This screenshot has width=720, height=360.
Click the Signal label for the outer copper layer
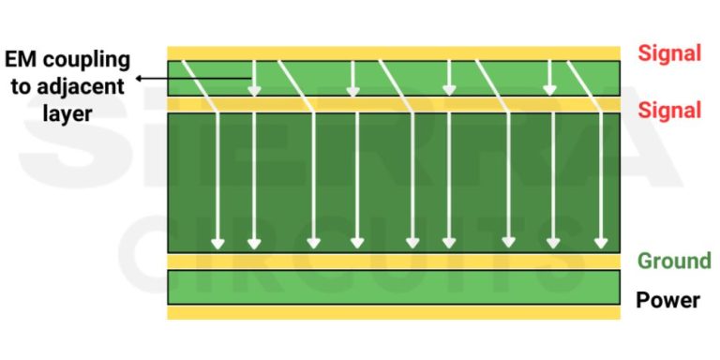coord(669,53)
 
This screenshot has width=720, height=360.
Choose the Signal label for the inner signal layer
coord(669,111)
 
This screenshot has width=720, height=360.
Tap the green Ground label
coord(674,261)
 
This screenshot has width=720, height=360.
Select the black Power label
coord(668,300)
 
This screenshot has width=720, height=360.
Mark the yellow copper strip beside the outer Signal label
coord(394,53)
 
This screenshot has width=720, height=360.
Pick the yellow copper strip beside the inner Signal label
coord(394,105)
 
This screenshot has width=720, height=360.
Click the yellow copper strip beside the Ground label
coord(394,261)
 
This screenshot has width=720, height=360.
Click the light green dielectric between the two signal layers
coord(394,79)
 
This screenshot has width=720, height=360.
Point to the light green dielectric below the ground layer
coord(394,287)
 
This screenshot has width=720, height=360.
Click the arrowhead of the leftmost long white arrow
coord(217,244)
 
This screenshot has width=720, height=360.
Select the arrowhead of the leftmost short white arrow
coord(254,90)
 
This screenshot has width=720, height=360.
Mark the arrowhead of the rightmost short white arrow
coord(550,90)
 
